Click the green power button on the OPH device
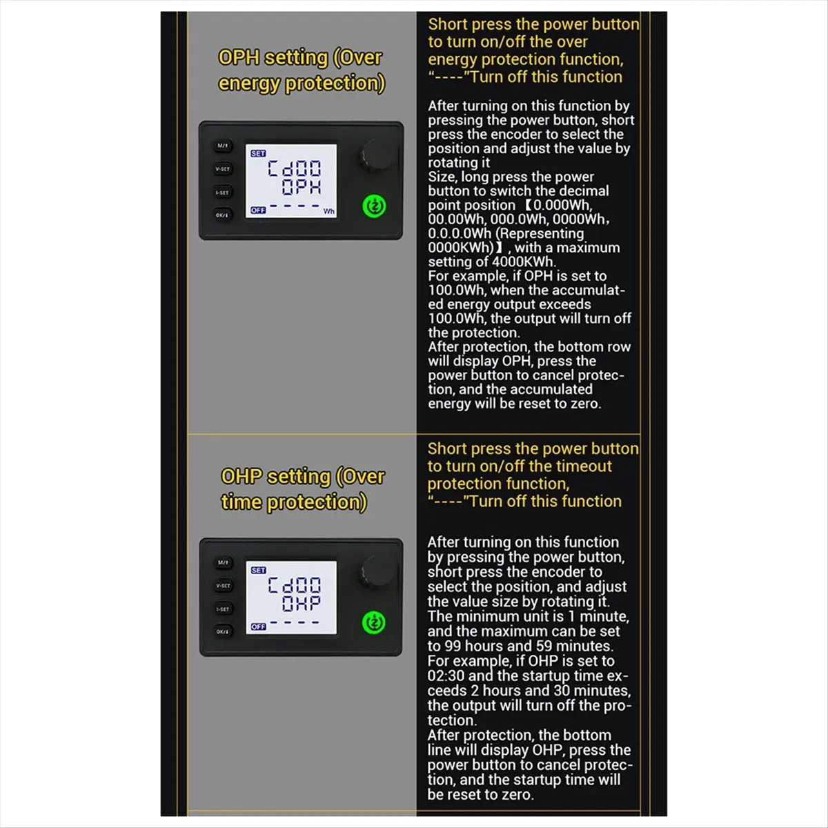pyautogui.click(x=374, y=206)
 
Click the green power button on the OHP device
pyautogui.click(x=374, y=622)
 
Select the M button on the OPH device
pyautogui.click(x=222, y=146)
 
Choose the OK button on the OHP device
pyautogui.click(x=222, y=631)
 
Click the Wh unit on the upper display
pyautogui.click(x=329, y=211)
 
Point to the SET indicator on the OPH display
pyautogui.click(x=258, y=154)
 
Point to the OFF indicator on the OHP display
pyautogui.click(x=258, y=627)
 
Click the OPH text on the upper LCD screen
pyautogui.click(x=302, y=188)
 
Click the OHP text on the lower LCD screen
pyautogui.click(x=302, y=604)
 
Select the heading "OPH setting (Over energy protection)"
pyautogui.click(x=301, y=70)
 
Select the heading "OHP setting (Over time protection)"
pyautogui.click(x=302, y=489)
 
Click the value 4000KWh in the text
pyautogui.click(x=524, y=262)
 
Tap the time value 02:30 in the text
pyautogui.click(x=446, y=676)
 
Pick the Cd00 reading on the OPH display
pyautogui.click(x=295, y=168)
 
